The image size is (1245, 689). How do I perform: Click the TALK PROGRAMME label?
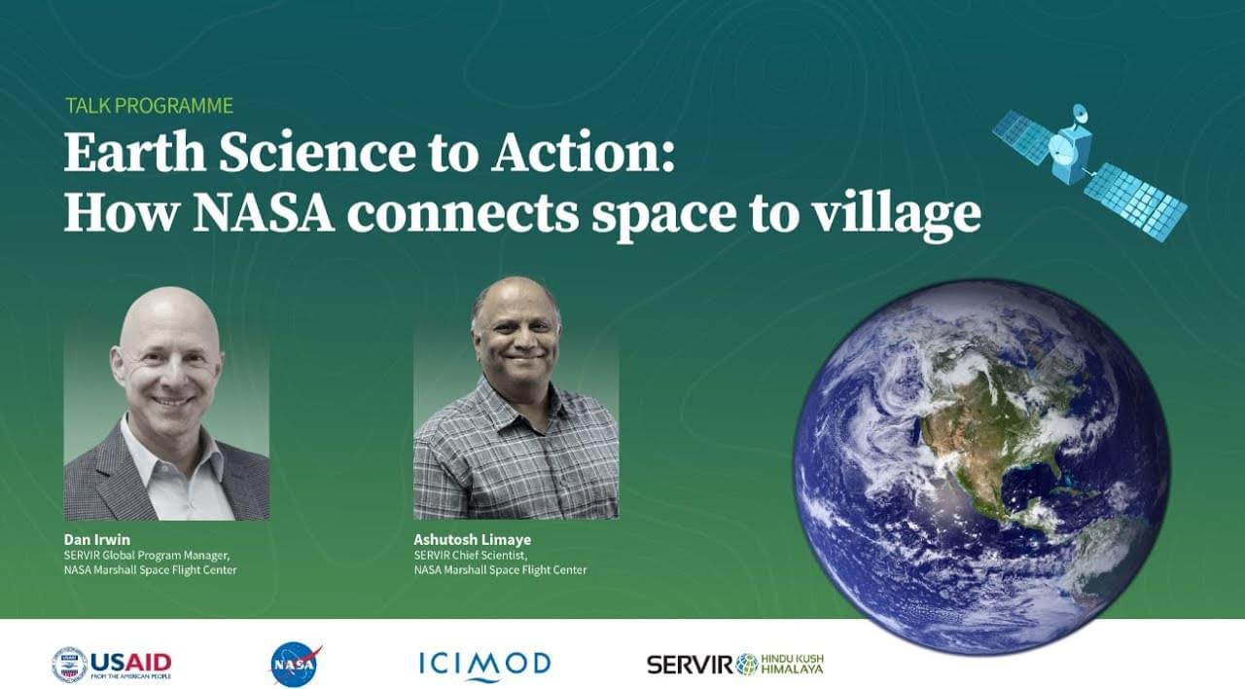click(x=150, y=106)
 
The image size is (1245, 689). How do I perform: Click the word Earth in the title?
click(x=134, y=152)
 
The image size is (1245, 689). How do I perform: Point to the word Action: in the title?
click(x=583, y=152)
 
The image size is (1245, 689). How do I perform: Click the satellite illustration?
click(x=1089, y=172)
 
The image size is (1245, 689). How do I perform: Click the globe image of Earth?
click(x=981, y=466)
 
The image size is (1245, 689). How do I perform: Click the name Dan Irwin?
click(x=96, y=539)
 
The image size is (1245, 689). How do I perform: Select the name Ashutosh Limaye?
click(x=472, y=539)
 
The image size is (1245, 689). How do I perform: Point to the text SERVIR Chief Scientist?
click(x=470, y=555)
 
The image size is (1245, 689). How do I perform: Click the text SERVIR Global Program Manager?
click(x=147, y=555)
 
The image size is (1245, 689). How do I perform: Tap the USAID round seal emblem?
click(x=69, y=665)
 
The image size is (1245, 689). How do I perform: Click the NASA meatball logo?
click(x=295, y=664)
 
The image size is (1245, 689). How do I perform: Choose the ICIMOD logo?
click(x=484, y=665)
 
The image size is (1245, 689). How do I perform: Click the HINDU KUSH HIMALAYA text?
click(x=792, y=664)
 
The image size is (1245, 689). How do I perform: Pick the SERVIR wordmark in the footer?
click(x=691, y=665)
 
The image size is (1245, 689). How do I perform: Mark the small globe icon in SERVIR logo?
click(x=747, y=665)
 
